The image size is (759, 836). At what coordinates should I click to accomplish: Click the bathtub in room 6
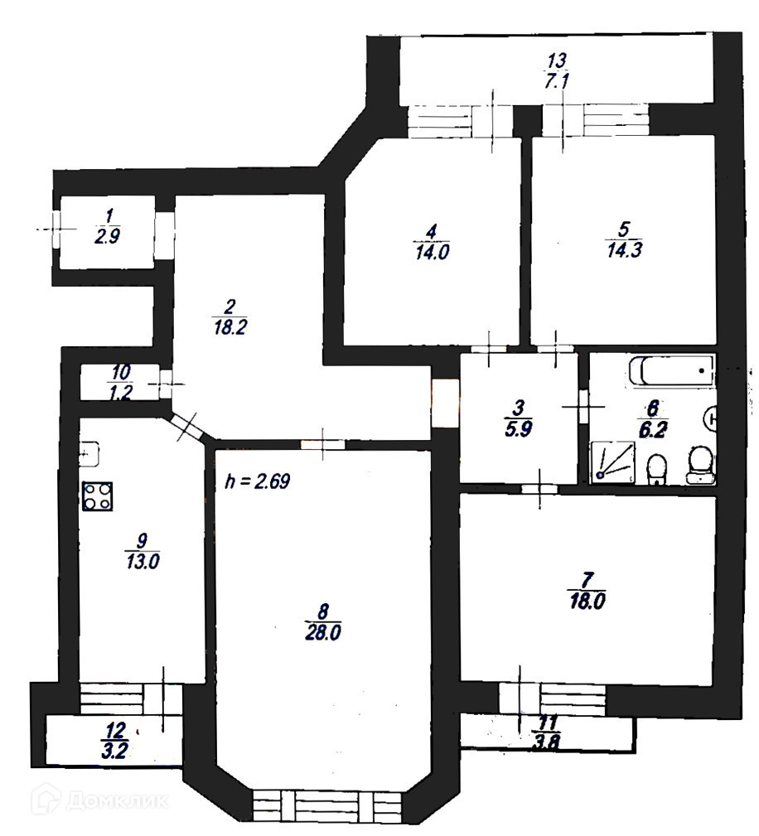[671, 371]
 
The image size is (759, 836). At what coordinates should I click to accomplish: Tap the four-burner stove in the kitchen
[98, 496]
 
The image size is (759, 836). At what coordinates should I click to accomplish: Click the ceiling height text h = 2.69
[257, 481]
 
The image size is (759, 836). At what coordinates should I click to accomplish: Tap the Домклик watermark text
[115, 800]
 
